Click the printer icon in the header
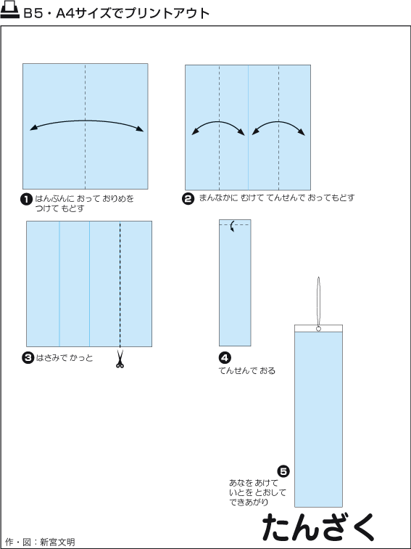pyautogui.click(x=10, y=11)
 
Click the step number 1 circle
pyautogui.click(x=26, y=200)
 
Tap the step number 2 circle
pyautogui.click(x=188, y=198)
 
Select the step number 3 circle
pyautogui.click(x=28, y=358)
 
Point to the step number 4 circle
pyautogui.click(x=225, y=358)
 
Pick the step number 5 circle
pyautogui.click(x=283, y=471)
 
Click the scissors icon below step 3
pyautogui.click(x=120, y=359)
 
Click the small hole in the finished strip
pyautogui.click(x=318, y=329)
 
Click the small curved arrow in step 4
pyautogui.click(x=231, y=227)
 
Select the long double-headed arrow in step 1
pyautogui.click(x=87, y=121)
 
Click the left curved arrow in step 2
pyautogui.click(x=219, y=122)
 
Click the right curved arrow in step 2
pyautogui.click(x=278, y=122)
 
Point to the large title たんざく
pyautogui.click(x=318, y=528)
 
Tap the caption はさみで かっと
pyautogui.click(x=65, y=358)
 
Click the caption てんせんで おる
pyautogui.click(x=247, y=370)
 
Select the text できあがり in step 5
pyautogui.click(x=249, y=502)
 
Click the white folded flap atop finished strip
pyautogui.click(x=318, y=328)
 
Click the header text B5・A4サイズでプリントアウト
pyautogui.click(x=117, y=13)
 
